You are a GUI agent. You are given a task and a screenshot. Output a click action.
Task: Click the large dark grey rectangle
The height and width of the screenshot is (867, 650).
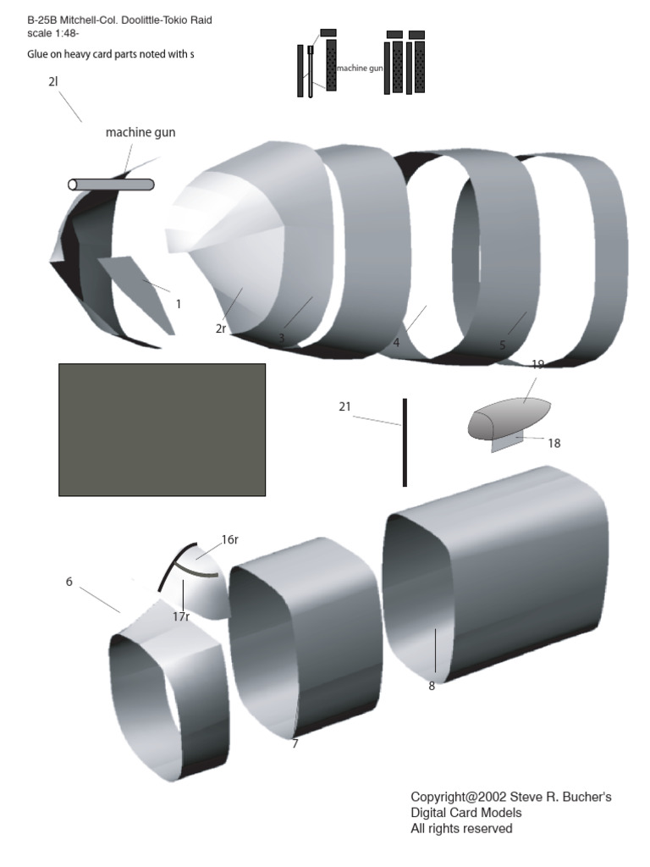tap(162, 429)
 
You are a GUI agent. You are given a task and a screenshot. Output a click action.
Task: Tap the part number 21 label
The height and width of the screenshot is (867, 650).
tap(344, 407)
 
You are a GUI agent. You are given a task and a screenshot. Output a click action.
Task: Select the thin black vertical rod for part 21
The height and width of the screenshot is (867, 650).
tap(405, 442)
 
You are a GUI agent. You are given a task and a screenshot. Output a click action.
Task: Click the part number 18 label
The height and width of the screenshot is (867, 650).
tap(554, 443)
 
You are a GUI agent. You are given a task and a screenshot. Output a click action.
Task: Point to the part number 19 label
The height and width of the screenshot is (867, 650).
tap(537, 364)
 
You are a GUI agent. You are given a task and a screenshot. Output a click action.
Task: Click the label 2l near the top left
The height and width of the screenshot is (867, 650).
tap(53, 82)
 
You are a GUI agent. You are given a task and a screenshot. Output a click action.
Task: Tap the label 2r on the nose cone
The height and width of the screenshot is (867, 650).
tap(221, 329)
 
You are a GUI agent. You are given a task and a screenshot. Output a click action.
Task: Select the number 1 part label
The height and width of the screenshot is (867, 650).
tap(178, 304)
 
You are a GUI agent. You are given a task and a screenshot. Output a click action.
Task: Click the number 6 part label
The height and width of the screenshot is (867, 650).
tap(69, 582)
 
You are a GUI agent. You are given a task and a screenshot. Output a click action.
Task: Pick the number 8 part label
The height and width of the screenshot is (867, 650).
tap(432, 686)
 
